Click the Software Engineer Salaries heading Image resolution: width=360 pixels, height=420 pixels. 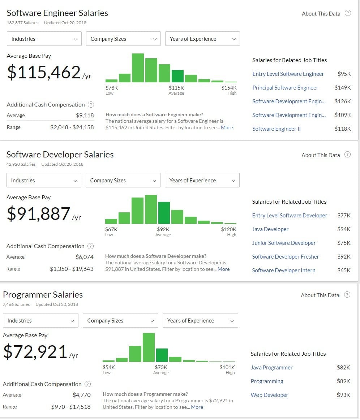pos(57,13)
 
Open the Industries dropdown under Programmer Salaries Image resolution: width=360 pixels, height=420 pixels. pos(40,320)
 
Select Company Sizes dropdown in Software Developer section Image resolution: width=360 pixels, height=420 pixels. pos(123,181)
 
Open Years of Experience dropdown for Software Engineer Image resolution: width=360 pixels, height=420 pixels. pos(202,39)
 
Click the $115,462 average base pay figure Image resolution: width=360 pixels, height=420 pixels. pos(44,72)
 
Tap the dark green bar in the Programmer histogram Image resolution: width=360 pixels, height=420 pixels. pos(162,355)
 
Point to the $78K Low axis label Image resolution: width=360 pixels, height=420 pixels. pos(112,88)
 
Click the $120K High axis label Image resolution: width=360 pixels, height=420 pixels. pos(228,229)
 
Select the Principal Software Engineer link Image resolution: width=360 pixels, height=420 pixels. pos(285,88)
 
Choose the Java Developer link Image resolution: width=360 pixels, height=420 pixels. pos(270,229)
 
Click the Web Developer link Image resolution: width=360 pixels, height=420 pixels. pos(269,395)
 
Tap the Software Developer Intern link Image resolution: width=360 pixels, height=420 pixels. pos(283,270)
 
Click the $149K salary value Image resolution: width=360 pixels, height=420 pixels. pos(343,88)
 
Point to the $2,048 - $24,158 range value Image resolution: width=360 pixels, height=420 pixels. pos(72,127)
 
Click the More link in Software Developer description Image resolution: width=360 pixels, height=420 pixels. pos(223,269)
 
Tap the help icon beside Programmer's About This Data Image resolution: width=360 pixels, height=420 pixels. pos(347,295)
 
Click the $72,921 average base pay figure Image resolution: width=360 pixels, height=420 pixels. pos(35,352)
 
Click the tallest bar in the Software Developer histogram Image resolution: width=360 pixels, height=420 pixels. pos(151,209)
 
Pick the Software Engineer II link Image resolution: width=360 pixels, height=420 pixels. pos(277,129)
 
